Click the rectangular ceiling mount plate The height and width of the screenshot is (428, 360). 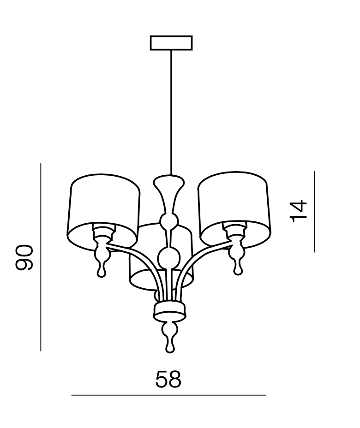click(171, 42)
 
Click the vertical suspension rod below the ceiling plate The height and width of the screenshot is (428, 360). click(171, 111)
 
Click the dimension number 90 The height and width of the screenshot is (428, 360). click(24, 257)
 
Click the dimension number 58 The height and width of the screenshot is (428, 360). click(168, 380)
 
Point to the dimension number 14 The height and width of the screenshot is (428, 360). click(299, 211)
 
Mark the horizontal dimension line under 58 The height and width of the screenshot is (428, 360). click(168, 395)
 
